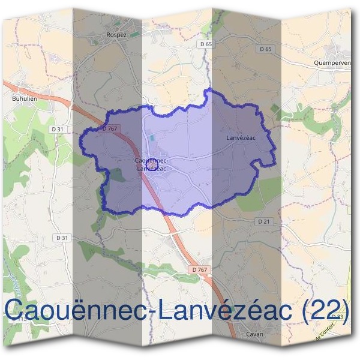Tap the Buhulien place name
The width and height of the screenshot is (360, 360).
(24, 97)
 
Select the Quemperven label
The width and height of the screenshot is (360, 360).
(331, 62)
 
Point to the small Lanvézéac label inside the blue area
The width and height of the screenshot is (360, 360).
(241, 138)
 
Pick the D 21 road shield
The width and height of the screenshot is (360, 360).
(264, 221)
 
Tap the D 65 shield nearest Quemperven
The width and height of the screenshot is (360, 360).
(267, 49)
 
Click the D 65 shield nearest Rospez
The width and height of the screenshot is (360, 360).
(205, 44)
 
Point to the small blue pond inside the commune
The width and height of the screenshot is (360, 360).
(152, 139)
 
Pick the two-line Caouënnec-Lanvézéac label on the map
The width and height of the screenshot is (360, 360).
(151, 164)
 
